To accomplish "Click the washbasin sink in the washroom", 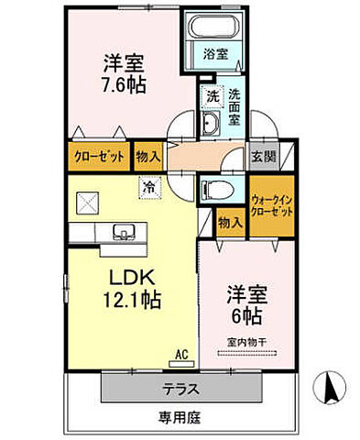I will (210, 126).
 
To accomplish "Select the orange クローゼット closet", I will (98, 156).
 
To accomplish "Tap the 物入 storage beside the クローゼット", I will (147, 156).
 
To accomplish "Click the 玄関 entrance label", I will (263, 156).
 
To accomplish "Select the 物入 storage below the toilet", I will (231, 221).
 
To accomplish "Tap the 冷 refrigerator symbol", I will (148, 188).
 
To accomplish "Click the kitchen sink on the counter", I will (122, 231).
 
